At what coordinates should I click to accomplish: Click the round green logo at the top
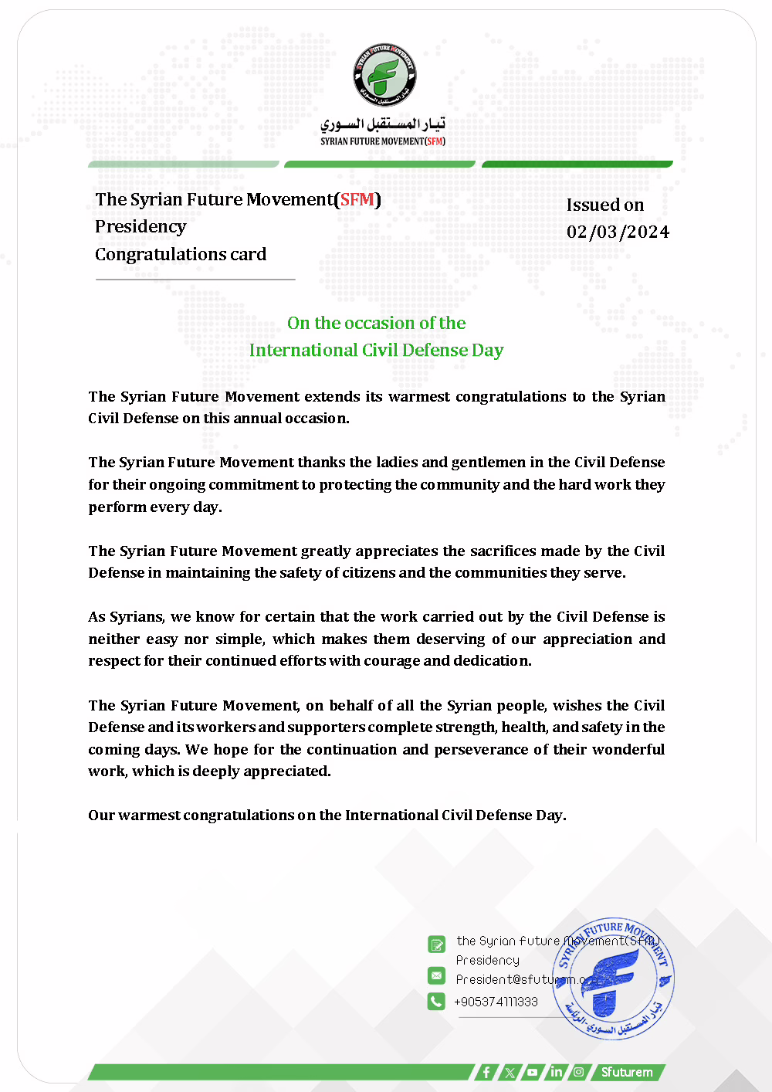[x=384, y=74]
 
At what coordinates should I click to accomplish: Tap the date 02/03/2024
[x=618, y=232]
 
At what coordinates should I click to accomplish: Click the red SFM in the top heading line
[x=357, y=199]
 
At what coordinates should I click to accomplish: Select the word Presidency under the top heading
[x=141, y=227]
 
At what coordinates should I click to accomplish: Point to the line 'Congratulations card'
[x=181, y=255]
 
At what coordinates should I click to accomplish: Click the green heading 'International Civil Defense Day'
[x=376, y=351]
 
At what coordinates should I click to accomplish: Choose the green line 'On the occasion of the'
[x=376, y=324]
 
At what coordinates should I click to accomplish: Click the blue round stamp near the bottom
[x=614, y=978]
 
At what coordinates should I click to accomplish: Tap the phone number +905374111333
[x=496, y=1002]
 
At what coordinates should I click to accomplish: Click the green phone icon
[x=436, y=1002]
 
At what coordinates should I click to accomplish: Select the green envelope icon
[x=436, y=976]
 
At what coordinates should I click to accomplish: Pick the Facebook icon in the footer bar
[x=486, y=1072]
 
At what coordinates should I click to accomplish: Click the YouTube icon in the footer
[x=533, y=1072]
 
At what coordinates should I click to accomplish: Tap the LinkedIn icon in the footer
[x=556, y=1072]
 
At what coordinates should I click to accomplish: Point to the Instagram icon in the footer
[x=578, y=1072]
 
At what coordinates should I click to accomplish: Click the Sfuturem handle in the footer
[x=627, y=1072]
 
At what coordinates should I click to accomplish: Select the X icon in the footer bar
[x=510, y=1072]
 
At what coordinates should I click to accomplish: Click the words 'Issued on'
[x=605, y=205]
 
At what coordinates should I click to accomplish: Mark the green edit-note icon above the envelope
[x=436, y=944]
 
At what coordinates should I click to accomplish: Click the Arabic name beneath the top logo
[x=383, y=124]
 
